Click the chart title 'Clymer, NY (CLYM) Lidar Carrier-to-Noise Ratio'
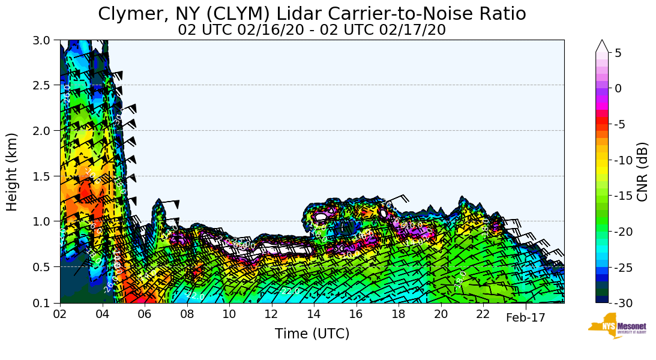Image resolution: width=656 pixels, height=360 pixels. [311, 14]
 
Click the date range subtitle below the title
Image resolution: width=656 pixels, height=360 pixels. [311, 30]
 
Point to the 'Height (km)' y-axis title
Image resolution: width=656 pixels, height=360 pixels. [12, 172]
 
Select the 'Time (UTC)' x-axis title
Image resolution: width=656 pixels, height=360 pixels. [311, 334]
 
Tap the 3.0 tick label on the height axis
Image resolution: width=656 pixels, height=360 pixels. [46, 40]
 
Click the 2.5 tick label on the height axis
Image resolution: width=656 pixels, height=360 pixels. [46, 85]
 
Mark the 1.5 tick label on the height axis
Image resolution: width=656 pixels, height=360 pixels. [46, 176]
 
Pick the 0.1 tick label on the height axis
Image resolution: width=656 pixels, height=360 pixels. [46, 303]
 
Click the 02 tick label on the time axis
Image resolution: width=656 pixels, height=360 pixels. [60, 315]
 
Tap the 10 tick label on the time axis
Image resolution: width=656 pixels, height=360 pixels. [229, 315]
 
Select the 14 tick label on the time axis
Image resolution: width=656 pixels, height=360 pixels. [314, 315]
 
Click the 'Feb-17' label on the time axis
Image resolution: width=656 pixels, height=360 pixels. [525, 318]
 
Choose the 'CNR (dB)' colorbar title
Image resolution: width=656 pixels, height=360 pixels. [642, 172]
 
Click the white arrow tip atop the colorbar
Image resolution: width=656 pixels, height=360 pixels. [602, 45]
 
